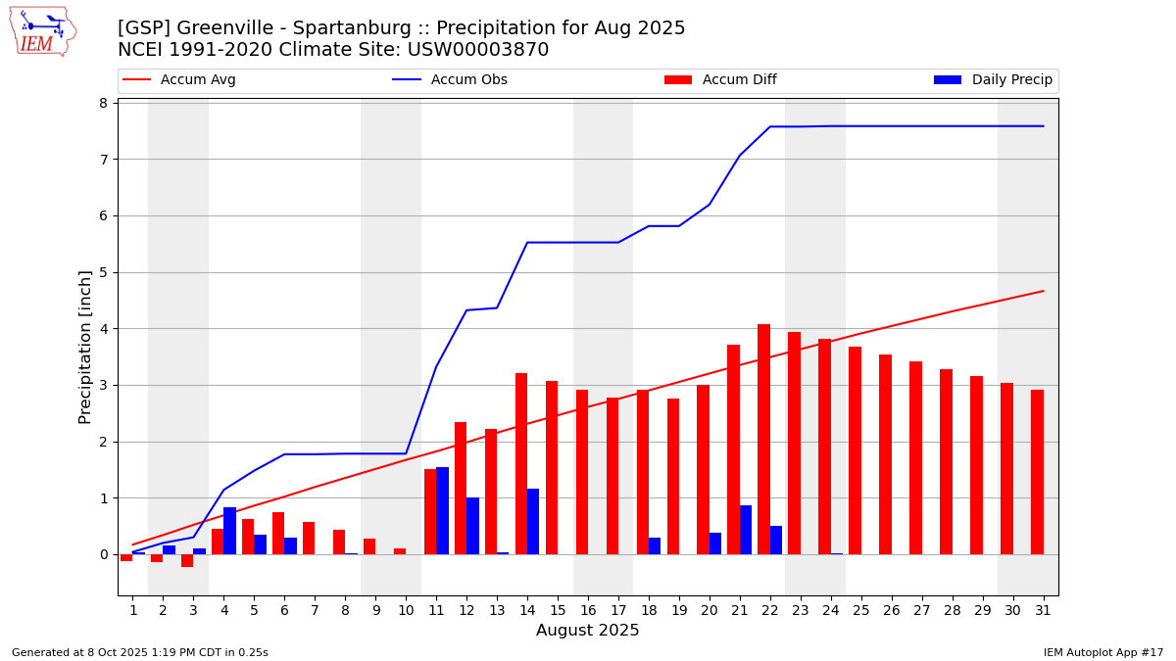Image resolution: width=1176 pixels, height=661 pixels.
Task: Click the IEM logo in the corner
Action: (x=42, y=31)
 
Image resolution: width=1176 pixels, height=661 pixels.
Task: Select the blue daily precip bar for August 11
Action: (x=443, y=510)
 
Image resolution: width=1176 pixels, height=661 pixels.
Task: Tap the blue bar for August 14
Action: (x=533, y=521)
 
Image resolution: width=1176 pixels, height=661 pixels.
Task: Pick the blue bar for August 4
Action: (x=230, y=531)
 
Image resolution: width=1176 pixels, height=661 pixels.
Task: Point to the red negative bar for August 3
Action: (x=187, y=560)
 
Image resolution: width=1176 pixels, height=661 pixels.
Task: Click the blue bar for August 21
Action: (x=746, y=530)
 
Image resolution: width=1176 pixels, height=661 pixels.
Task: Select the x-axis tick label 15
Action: (x=558, y=610)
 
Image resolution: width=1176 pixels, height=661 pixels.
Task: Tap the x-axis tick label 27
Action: (x=921, y=610)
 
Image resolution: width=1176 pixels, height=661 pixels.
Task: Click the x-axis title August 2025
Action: (x=587, y=631)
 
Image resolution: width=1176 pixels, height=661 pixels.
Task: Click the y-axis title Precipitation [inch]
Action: (x=85, y=347)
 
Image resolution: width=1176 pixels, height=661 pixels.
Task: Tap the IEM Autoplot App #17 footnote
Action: (x=1103, y=652)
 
